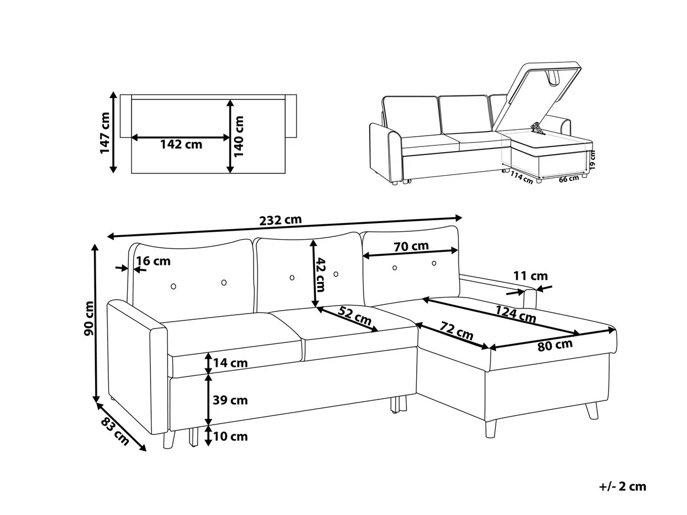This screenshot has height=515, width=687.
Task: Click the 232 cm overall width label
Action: pos(281,220)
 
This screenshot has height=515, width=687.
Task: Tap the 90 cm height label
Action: pos(89,318)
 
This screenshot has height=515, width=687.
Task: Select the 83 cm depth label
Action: pos(115,432)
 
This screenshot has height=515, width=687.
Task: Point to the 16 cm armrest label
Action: pos(153,261)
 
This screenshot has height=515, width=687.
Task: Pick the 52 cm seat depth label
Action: pos(354,316)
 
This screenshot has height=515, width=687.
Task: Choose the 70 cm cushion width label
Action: pos(411,246)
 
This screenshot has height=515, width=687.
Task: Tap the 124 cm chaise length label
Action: pos(515,314)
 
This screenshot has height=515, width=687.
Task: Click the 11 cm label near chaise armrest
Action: pos(531,276)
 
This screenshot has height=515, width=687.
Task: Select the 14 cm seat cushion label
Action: pos(230,363)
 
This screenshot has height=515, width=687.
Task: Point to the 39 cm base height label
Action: pos(230,400)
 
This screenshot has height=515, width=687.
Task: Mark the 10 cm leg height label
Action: pos(230,437)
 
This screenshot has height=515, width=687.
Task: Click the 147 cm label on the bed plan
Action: pos(105,133)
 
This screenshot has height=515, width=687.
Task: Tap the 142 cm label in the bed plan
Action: pos(181,144)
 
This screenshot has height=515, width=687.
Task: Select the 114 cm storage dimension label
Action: pos(522,178)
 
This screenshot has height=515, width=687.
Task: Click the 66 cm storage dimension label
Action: pos(568,179)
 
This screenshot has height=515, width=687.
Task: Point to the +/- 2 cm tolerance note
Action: pos(622,486)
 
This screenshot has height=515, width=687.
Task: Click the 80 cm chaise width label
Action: pos(555,346)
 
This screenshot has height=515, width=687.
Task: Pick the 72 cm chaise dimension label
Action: pos(456,331)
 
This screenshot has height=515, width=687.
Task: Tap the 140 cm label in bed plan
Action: pos(239,136)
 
